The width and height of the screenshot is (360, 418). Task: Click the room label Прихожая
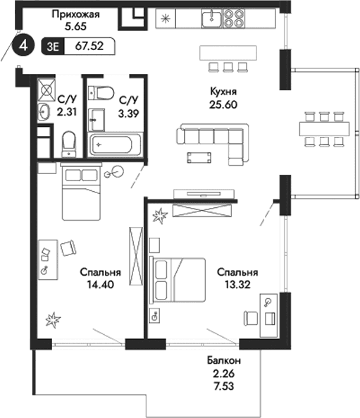[x=74, y=13]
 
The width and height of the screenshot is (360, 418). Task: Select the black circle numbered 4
[x=25, y=46]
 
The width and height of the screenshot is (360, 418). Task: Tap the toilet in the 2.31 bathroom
[x=69, y=144]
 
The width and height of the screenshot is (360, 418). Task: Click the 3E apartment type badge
[x=53, y=47]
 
